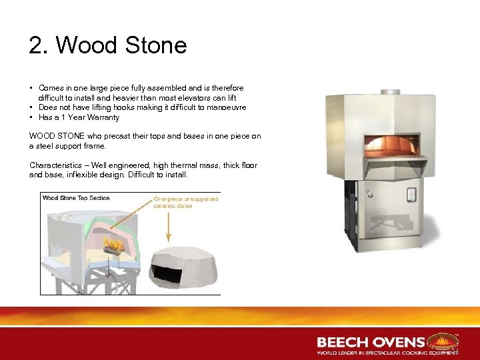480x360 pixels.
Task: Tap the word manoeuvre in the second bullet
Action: pyautogui.click(x=225, y=107)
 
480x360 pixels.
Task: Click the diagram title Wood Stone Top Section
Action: pyautogui.click(x=76, y=198)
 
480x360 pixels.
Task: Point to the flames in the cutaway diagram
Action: pyautogui.click(x=115, y=247)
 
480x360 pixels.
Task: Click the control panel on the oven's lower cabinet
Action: pyautogui.click(x=411, y=195)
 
